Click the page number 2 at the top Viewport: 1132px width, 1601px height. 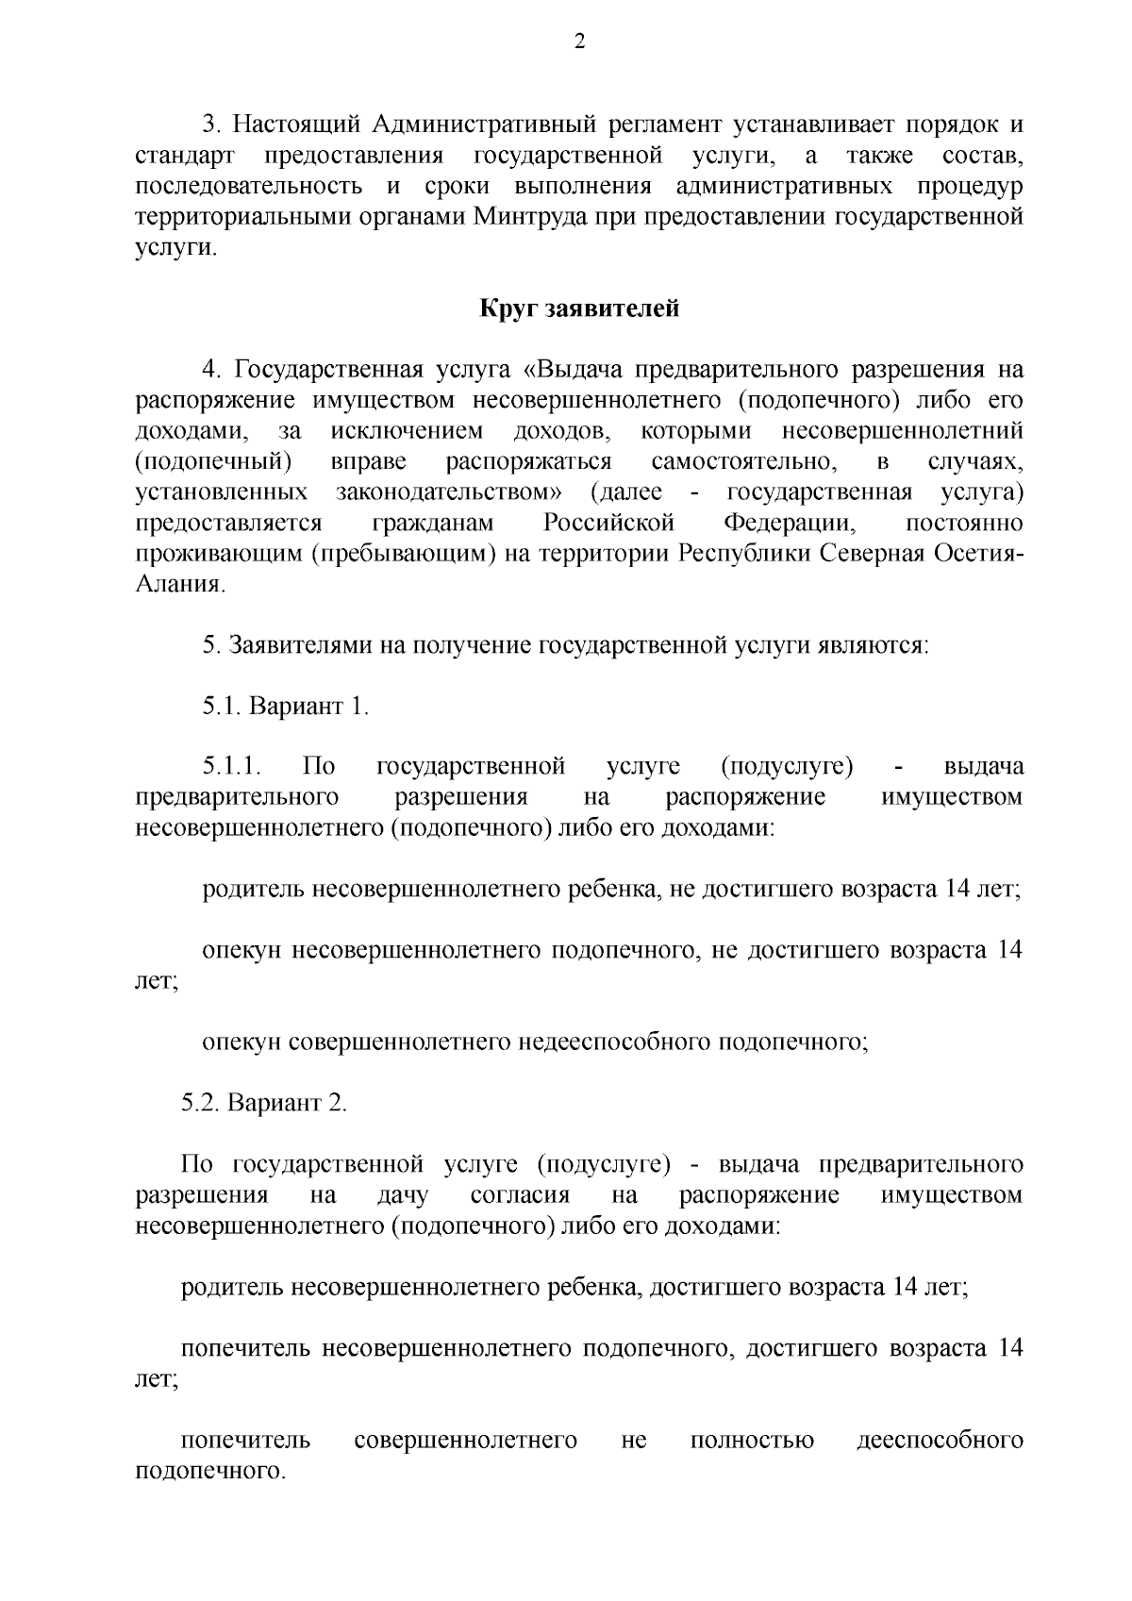579,41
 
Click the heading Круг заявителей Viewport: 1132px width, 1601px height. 579,309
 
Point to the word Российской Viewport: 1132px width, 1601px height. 609,523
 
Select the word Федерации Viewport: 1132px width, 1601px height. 789,523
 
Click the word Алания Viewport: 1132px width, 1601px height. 180,585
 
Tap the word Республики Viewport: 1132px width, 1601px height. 744,554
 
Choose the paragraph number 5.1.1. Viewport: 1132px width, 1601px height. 230,766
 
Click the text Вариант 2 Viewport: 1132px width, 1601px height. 288,1103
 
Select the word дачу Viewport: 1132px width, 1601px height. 403,1195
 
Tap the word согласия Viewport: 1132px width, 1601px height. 520,1195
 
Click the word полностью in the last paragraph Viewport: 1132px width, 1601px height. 752,1441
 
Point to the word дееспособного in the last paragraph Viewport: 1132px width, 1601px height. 940,1441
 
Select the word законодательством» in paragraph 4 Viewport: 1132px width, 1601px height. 451,492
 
